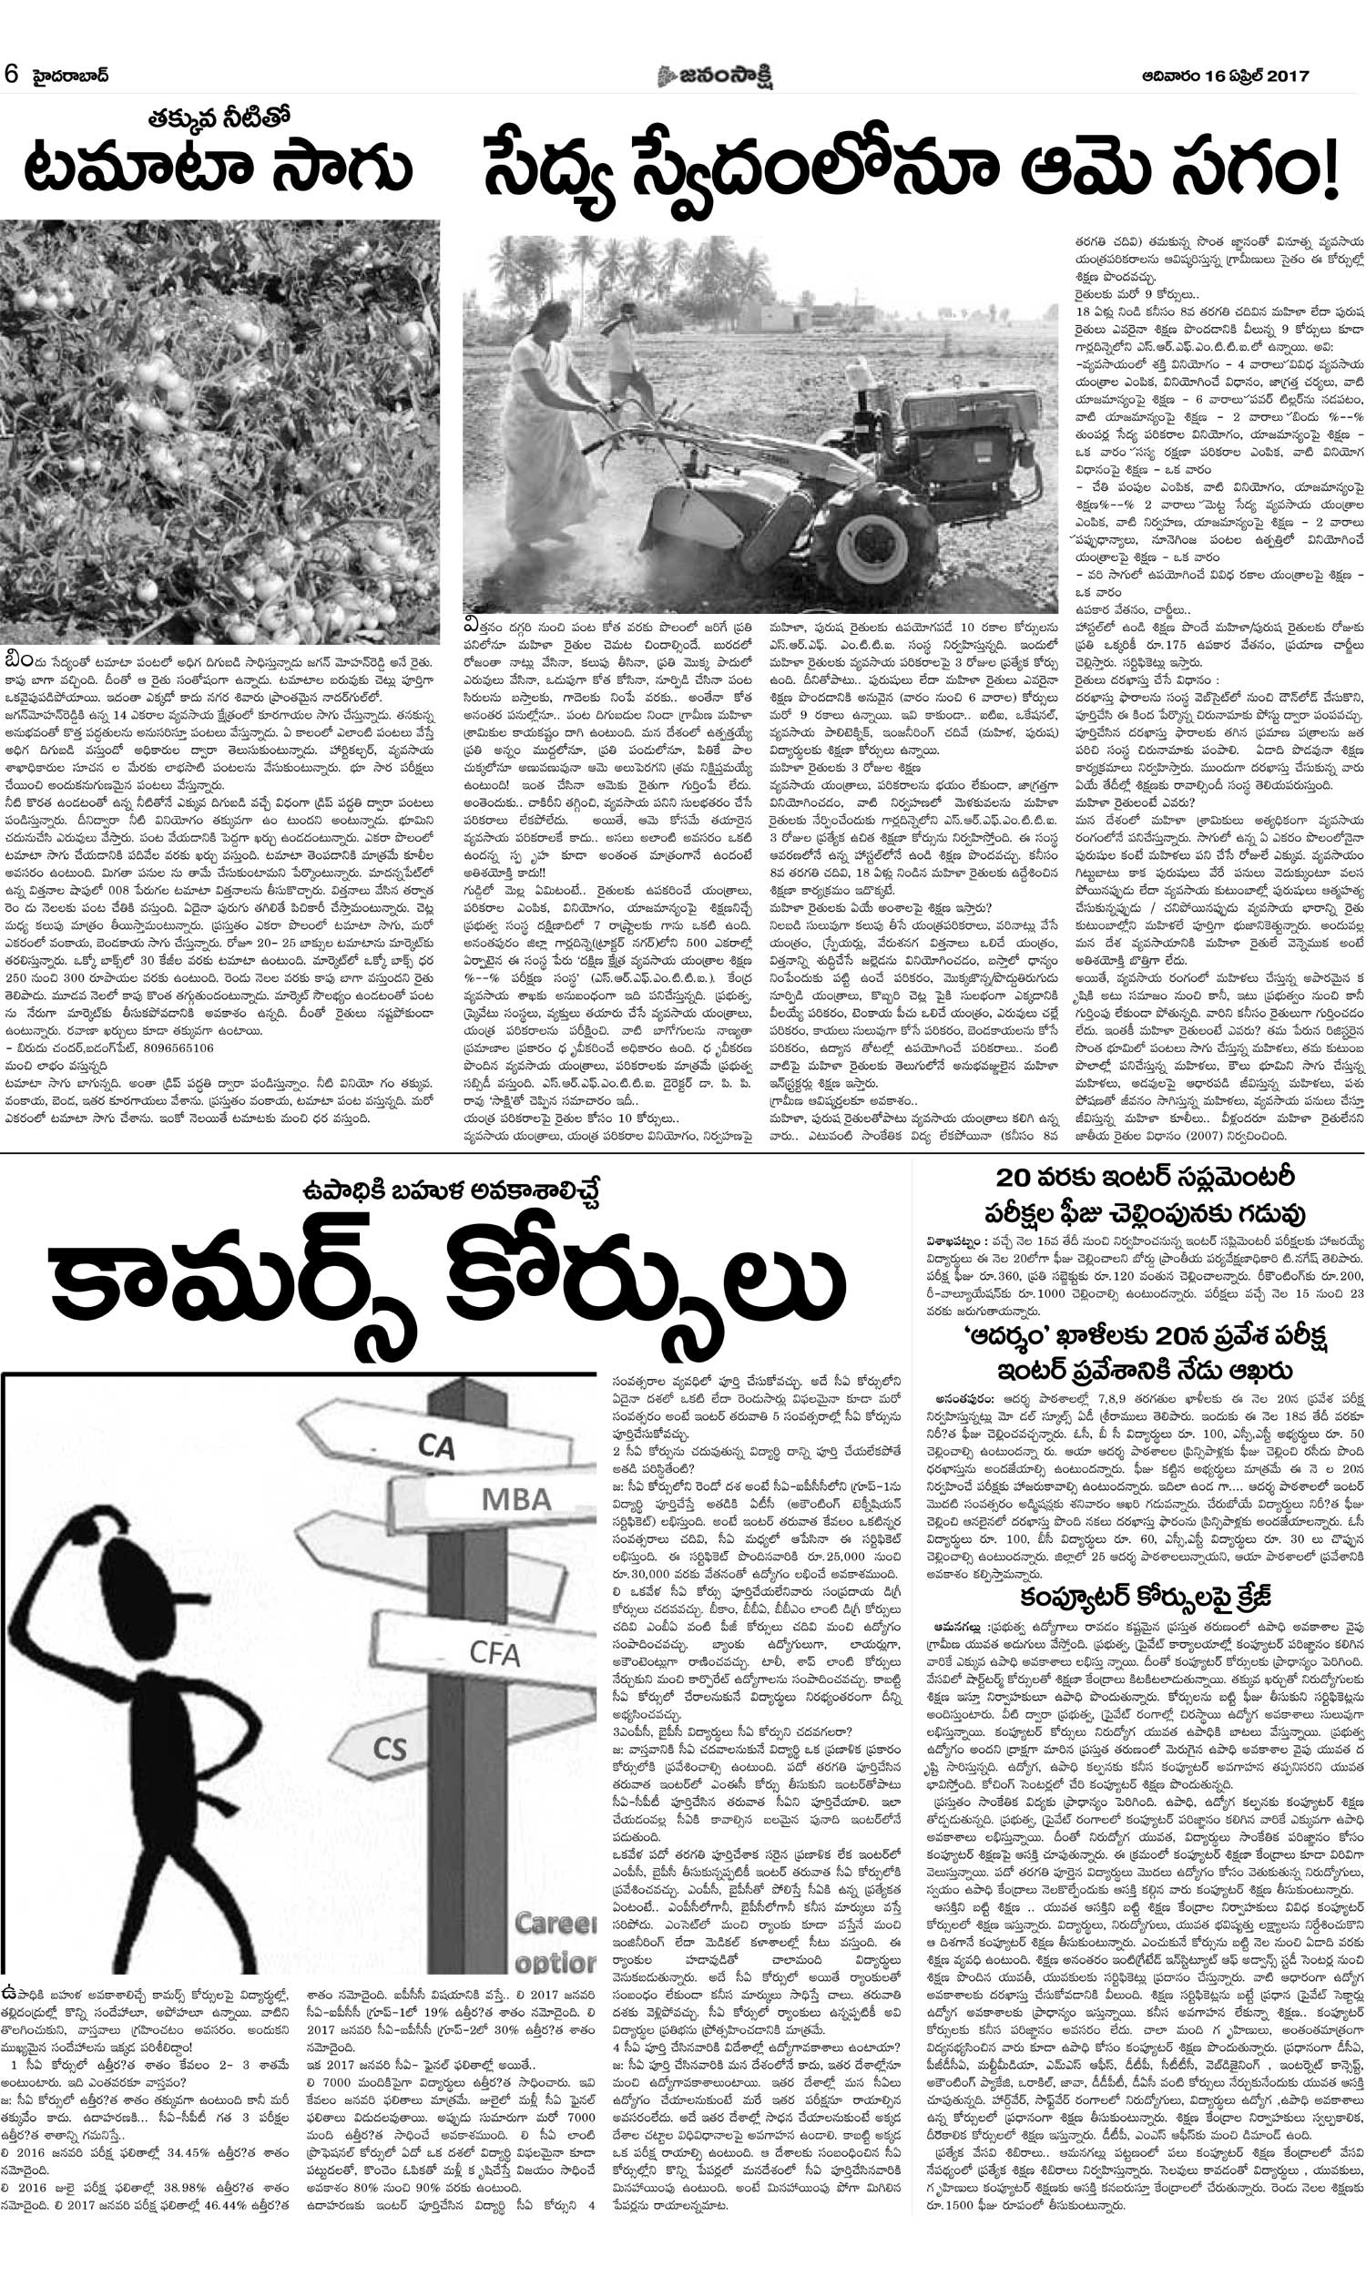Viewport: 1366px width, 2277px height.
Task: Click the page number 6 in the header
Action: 11,75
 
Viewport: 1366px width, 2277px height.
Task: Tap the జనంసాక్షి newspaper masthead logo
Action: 714,76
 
